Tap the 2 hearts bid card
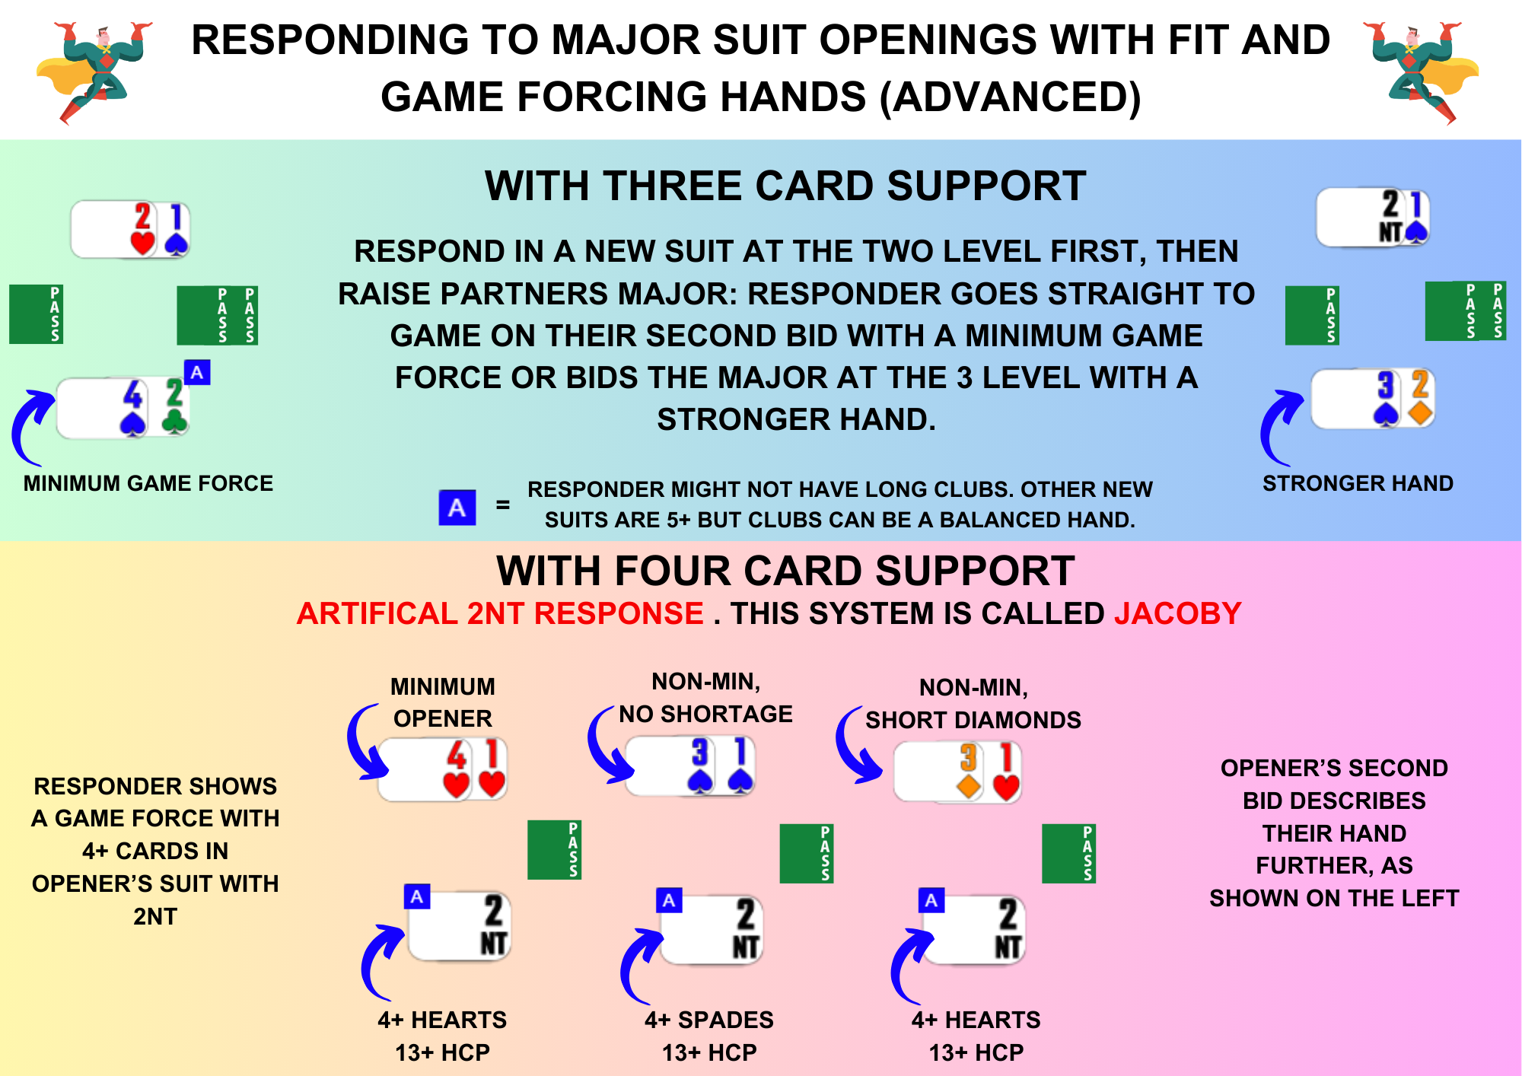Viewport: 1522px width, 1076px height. pos(142,229)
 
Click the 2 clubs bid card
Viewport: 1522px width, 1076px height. pos(175,406)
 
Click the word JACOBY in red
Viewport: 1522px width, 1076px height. pos(1177,613)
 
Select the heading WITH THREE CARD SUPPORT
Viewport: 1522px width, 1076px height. pos(785,186)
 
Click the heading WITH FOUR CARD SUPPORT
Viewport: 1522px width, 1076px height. pos(785,571)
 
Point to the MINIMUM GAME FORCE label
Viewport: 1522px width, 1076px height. pos(148,483)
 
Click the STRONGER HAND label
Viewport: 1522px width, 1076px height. pos(1358,483)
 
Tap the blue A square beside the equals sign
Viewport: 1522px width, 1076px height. pos(457,508)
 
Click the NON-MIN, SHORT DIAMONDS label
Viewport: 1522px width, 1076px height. pos(973,704)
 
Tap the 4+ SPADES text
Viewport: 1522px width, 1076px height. pos(709,1020)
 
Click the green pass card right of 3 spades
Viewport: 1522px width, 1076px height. pos(807,853)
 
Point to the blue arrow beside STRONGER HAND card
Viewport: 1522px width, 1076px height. pos(1280,427)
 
